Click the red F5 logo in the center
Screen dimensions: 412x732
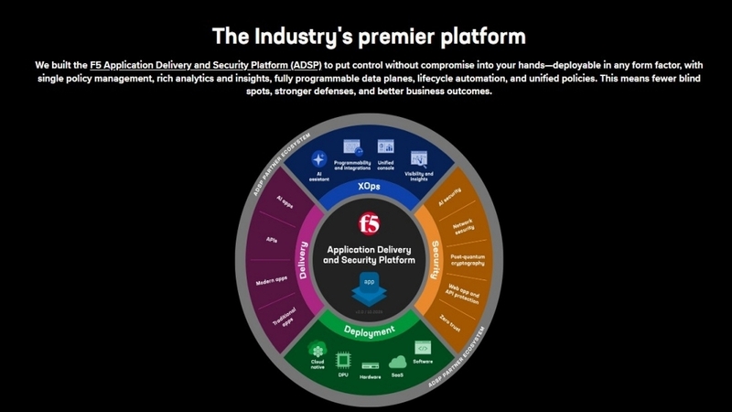coord(368,222)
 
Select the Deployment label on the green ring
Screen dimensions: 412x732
coord(369,331)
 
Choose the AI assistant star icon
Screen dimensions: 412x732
coord(319,158)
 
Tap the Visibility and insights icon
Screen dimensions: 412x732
coord(419,157)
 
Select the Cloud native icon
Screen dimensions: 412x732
coord(318,352)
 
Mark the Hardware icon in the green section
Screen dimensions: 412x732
coord(369,364)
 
